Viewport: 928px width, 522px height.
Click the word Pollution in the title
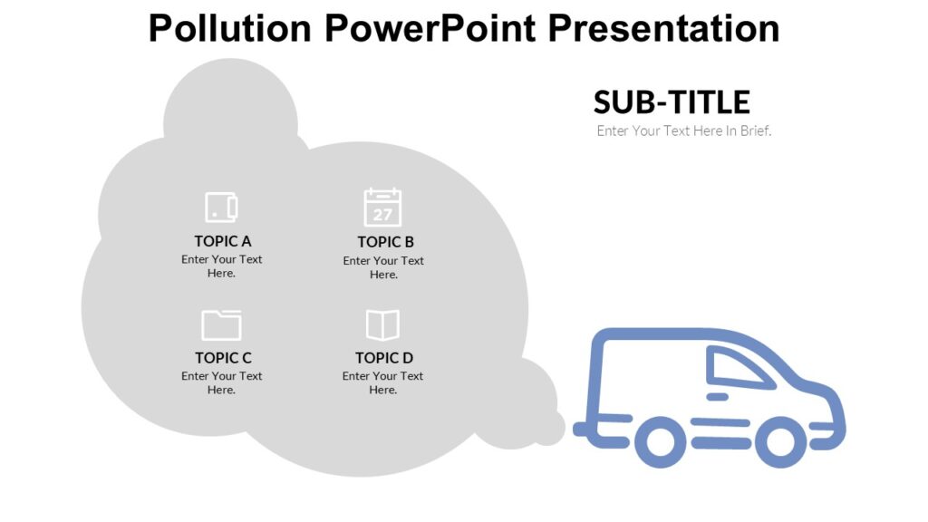tap(231, 28)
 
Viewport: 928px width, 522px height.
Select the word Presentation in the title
tap(663, 28)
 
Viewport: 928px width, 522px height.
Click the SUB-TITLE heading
tap(672, 101)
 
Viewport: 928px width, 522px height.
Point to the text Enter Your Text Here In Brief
tap(683, 130)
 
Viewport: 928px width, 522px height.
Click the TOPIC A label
tap(223, 241)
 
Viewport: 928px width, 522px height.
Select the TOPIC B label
tap(385, 242)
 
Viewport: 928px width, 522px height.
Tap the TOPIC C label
tap(223, 358)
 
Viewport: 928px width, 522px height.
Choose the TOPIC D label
tap(384, 358)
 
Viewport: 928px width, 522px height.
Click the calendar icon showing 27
tap(382, 208)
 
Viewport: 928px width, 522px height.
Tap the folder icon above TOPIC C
tap(221, 324)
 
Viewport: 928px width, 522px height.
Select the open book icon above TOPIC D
tap(382, 324)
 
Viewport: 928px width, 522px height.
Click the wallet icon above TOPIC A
tap(221, 207)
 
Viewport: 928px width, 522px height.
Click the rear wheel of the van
tap(661, 442)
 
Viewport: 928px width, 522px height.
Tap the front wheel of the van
tap(780, 442)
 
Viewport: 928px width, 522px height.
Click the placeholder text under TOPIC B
tap(383, 267)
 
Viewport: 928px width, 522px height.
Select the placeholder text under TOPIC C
tap(222, 382)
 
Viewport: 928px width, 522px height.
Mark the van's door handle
tap(717, 397)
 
